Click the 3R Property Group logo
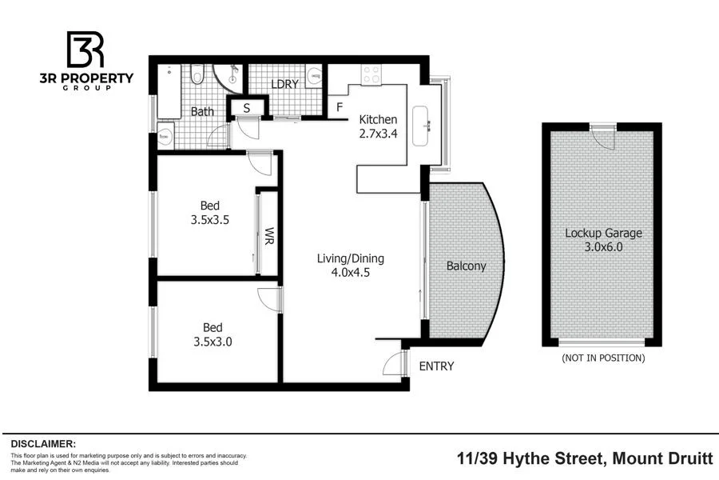pyautogui.click(x=86, y=61)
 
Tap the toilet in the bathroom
pyautogui.click(x=197, y=74)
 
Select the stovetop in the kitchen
pyautogui.click(x=371, y=74)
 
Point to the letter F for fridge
pyautogui.click(x=340, y=107)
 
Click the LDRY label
pyautogui.click(x=284, y=84)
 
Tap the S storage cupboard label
pyautogui.click(x=247, y=109)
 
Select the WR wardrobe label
pyautogui.click(x=269, y=236)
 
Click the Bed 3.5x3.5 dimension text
pyautogui.click(x=210, y=219)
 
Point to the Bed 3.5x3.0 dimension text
pyautogui.click(x=213, y=342)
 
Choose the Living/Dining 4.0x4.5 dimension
pyautogui.click(x=351, y=272)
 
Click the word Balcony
pyautogui.click(x=466, y=266)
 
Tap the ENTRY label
pyautogui.click(x=436, y=366)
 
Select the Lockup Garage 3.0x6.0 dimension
pyautogui.click(x=603, y=247)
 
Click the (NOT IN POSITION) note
pyautogui.click(x=603, y=358)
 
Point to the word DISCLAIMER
pyautogui.click(x=43, y=444)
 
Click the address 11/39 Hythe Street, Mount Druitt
pyautogui.click(x=585, y=458)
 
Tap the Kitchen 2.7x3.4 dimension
pyautogui.click(x=379, y=134)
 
